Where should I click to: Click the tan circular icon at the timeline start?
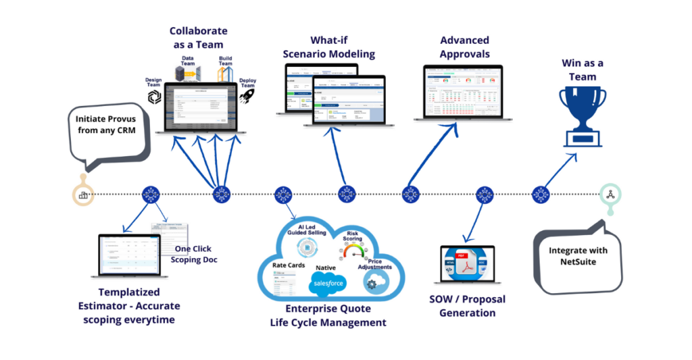tap(83, 195)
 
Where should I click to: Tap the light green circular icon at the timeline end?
tap(610, 195)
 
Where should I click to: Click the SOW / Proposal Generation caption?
tap(467, 306)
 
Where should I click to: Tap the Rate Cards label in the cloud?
tap(289, 265)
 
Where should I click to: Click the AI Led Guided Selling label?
tap(307, 229)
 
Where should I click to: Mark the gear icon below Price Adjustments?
tap(371, 285)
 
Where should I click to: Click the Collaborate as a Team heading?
tap(198, 37)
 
